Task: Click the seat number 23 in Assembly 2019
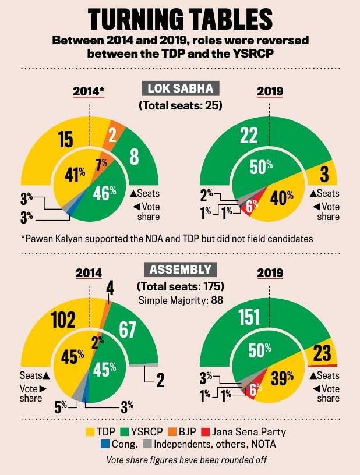point(322,352)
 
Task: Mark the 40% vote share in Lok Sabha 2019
point(282,198)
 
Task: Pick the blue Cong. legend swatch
point(109,445)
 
